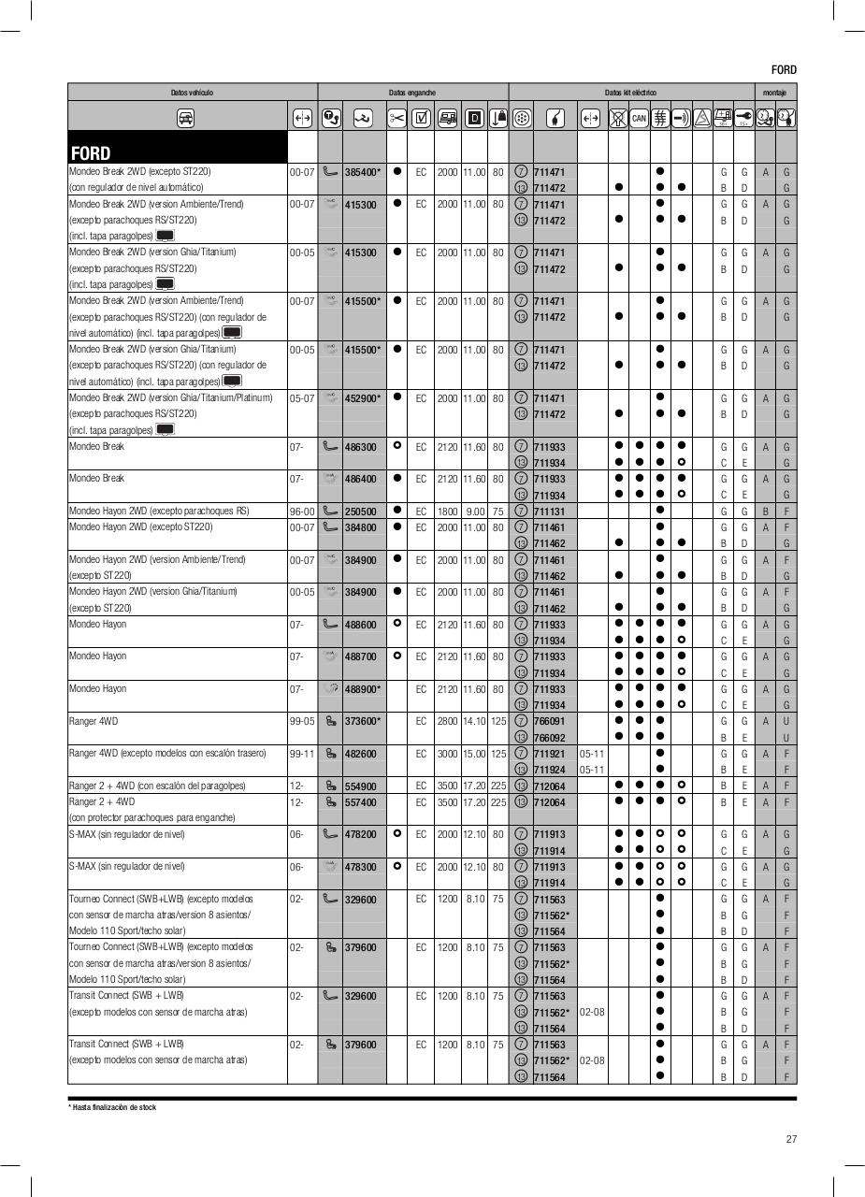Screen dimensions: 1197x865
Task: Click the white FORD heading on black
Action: tap(91, 153)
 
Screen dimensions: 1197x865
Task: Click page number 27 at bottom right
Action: tap(791, 1139)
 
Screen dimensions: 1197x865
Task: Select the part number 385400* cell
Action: tap(363, 172)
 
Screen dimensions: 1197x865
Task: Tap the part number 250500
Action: tap(360, 512)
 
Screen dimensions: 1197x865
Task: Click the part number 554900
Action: tap(360, 786)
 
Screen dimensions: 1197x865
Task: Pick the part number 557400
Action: tap(360, 802)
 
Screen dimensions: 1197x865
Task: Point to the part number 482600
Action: tap(360, 754)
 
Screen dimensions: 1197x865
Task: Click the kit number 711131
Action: tap(549, 512)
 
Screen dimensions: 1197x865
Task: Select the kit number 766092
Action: tap(549, 738)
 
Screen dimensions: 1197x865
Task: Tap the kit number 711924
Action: tap(549, 770)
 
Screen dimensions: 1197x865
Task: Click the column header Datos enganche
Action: tap(412, 93)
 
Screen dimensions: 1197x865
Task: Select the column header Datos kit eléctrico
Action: tap(630, 93)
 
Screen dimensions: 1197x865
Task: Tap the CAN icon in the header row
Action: tap(639, 119)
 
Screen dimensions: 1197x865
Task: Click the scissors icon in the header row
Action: tap(396, 119)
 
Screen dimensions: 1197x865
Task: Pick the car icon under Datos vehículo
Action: tap(185, 119)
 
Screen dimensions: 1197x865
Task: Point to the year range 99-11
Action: tap(301, 754)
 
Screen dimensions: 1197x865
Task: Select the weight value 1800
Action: tap(447, 512)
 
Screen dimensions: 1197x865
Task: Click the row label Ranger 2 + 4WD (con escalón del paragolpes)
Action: tap(157, 786)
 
